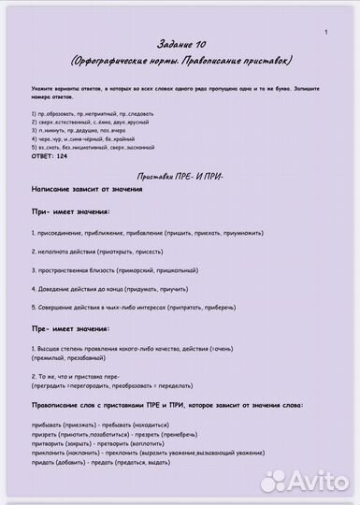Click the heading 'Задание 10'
(180, 44)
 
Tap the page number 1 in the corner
(326, 33)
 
